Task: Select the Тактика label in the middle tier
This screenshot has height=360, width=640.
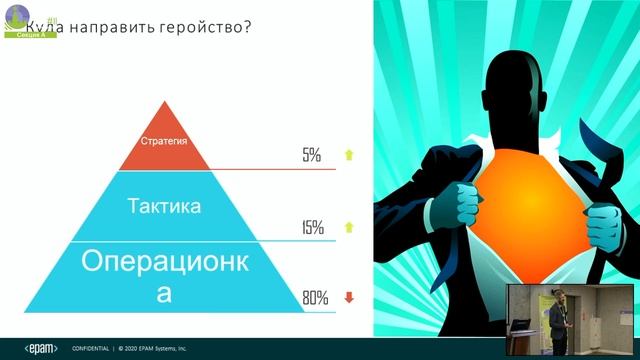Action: coord(166,207)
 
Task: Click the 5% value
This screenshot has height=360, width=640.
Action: coord(312,156)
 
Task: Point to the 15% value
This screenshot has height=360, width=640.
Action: coord(312,228)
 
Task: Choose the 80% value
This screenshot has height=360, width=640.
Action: coord(314,298)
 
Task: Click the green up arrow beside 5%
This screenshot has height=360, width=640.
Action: coord(348,155)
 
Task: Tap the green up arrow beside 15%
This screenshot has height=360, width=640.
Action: coord(348,227)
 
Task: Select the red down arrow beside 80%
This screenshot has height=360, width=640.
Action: coord(348,297)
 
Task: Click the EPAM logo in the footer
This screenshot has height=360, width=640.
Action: coord(41,348)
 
